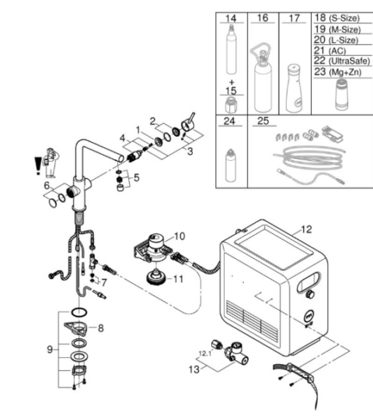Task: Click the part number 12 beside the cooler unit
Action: click(x=306, y=229)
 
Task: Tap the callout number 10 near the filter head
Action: click(x=180, y=236)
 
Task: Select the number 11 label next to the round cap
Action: click(x=178, y=279)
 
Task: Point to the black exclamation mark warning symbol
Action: click(x=38, y=166)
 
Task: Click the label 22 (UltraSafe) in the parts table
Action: click(x=342, y=61)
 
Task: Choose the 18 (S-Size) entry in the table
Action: click(x=337, y=18)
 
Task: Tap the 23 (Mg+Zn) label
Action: click(x=338, y=72)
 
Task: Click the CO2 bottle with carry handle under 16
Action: click(x=262, y=79)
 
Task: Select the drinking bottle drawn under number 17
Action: click(x=294, y=89)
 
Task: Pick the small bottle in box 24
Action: click(x=231, y=166)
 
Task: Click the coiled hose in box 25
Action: click(x=309, y=158)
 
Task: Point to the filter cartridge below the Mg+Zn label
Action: click(x=342, y=95)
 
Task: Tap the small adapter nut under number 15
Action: click(x=232, y=105)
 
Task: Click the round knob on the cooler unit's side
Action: click(x=311, y=294)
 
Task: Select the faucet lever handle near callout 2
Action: click(x=188, y=123)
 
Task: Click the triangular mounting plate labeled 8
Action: click(x=76, y=328)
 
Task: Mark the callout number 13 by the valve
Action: click(x=194, y=369)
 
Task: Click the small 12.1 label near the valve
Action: click(x=205, y=354)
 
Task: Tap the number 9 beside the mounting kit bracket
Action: click(x=50, y=349)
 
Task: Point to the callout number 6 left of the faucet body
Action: click(x=47, y=185)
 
